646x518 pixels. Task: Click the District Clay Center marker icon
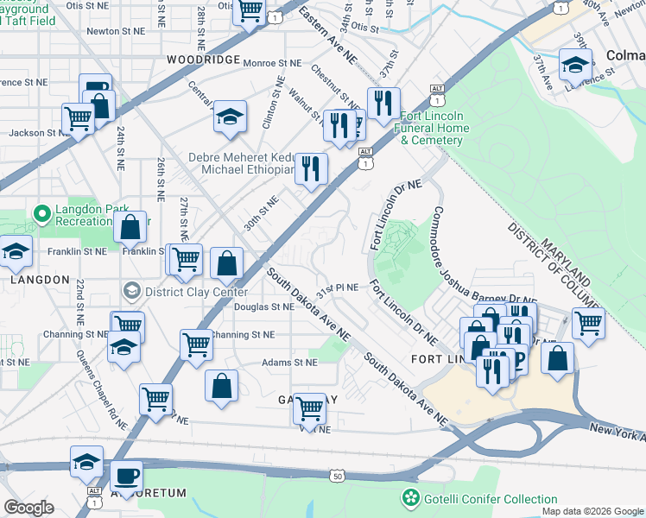[x=131, y=291]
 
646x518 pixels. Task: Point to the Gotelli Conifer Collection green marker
[x=409, y=499]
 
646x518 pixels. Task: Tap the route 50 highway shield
[x=337, y=475]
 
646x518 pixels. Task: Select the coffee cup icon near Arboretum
[x=127, y=476]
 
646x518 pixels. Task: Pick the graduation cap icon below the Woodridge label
[x=230, y=116]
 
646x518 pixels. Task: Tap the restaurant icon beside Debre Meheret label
[x=310, y=167]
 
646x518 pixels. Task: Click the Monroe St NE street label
[x=273, y=63]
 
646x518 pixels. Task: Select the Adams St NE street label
[x=290, y=363]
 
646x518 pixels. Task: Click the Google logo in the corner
[x=28, y=508]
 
